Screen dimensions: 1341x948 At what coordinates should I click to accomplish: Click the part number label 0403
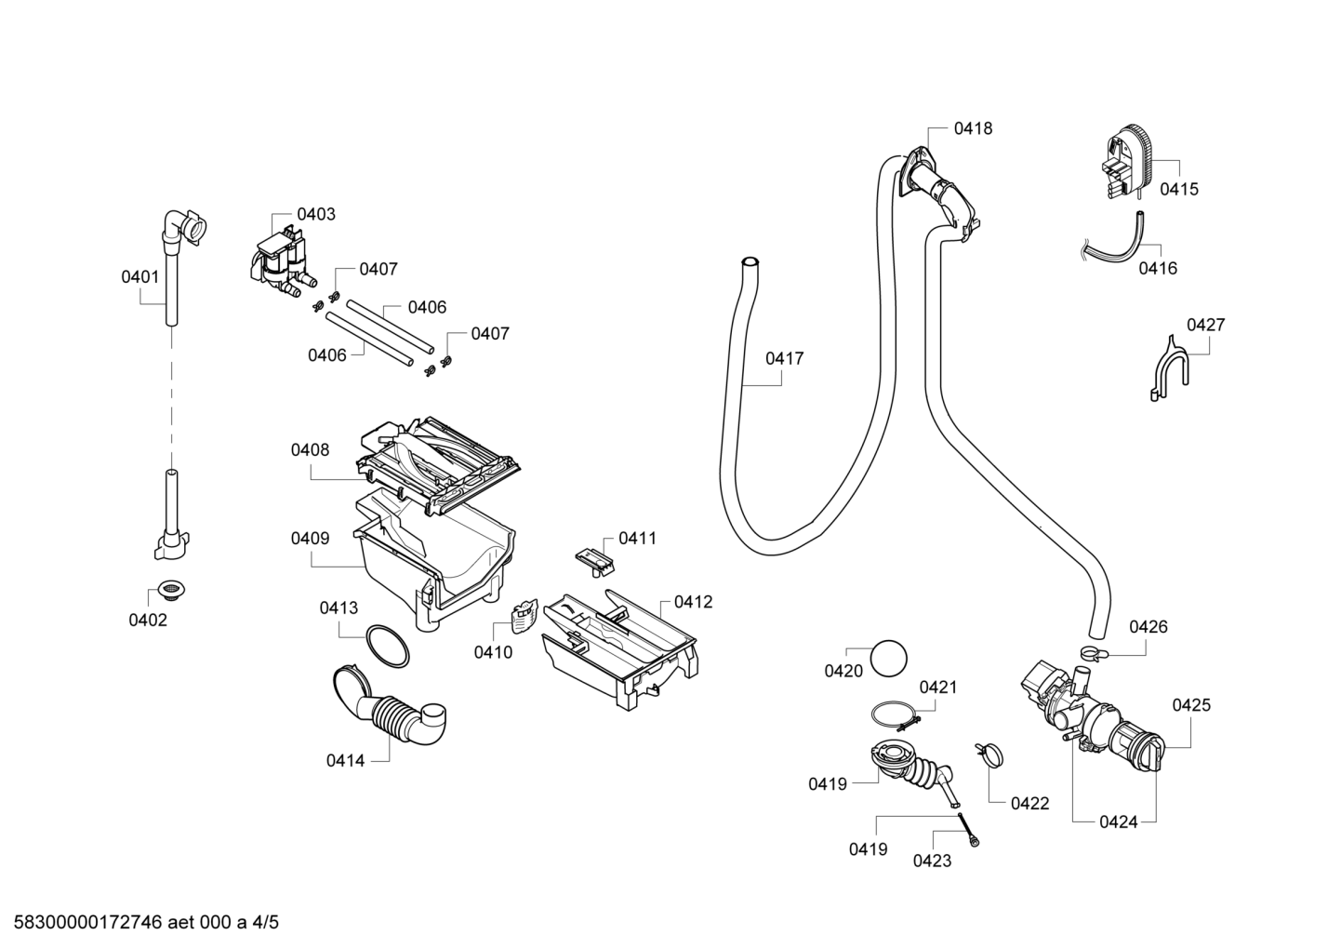316,214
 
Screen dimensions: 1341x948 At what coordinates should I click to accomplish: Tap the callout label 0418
973,128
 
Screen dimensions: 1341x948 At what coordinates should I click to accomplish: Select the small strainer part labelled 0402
172,590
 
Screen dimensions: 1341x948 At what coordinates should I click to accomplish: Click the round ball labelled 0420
888,658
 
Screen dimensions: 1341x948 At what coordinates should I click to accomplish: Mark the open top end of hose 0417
750,261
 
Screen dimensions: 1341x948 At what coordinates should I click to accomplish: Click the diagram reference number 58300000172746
87,922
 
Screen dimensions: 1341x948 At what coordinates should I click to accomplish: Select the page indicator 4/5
265,922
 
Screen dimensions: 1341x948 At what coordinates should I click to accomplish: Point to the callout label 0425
1191,705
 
